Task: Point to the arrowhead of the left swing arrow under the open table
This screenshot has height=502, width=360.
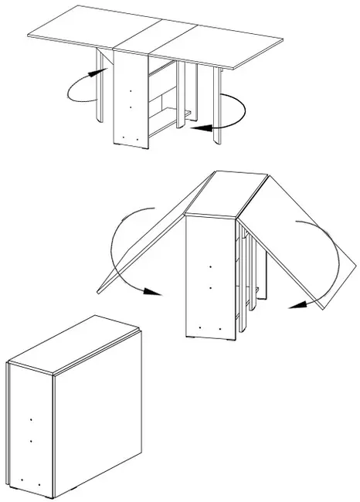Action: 98,71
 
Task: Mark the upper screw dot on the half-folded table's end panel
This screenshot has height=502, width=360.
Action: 211,267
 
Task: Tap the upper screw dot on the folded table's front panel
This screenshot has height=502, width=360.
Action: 30,421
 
